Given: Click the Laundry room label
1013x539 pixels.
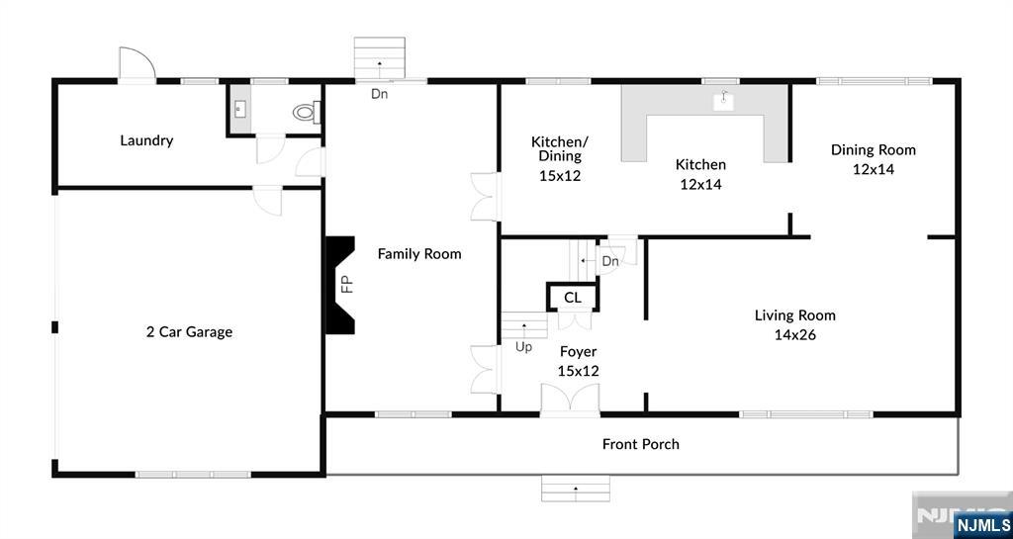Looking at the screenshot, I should [x=146, y=140].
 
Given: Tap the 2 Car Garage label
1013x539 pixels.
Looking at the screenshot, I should [x=189, y=332].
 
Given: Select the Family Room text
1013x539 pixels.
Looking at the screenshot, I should [x=419, y=254].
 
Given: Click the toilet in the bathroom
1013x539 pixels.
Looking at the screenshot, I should [x=306, y=114].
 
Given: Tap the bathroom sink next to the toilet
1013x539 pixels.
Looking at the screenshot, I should [x=240, y=109].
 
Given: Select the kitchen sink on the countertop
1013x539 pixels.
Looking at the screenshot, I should [x=725, y=99].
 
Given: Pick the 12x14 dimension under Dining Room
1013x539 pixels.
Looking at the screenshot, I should [x=873, y=169].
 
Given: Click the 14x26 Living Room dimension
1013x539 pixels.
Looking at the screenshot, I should [x=794, y=335].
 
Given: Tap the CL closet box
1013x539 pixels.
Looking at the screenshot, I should [x=572, y=298].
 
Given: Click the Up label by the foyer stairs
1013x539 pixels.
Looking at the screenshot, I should [x=523, y=347].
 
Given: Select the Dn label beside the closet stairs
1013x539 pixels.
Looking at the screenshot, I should [x=610, y=261].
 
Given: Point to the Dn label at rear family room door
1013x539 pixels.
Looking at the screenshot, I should [x=380, y=95].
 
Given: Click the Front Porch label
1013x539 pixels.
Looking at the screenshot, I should [x=641, y=444].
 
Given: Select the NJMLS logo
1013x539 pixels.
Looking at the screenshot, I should [x=982, y=524].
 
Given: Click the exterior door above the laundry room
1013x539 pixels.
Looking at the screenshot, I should [x=137, y=65].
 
